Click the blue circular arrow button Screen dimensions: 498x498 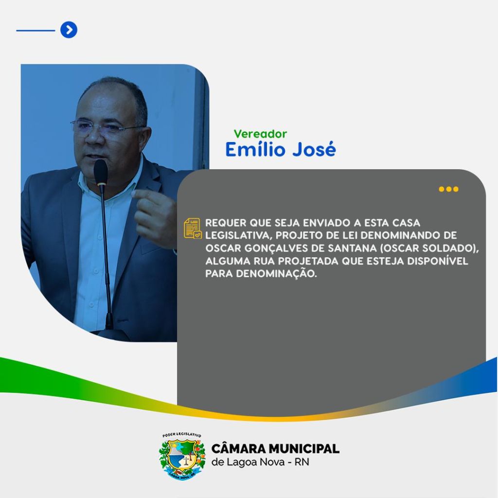click(69, 30)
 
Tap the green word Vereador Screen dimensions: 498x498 click(260, 134)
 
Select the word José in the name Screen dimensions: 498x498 click(314, 149)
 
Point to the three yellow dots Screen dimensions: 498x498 click(448, 189)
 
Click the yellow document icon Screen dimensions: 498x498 click(193, 228)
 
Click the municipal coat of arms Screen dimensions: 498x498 click(182, 456)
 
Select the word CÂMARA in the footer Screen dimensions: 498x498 click(238, 449)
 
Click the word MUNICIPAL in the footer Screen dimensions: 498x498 click(304, 449)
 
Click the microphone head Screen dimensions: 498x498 click(101, 172)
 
